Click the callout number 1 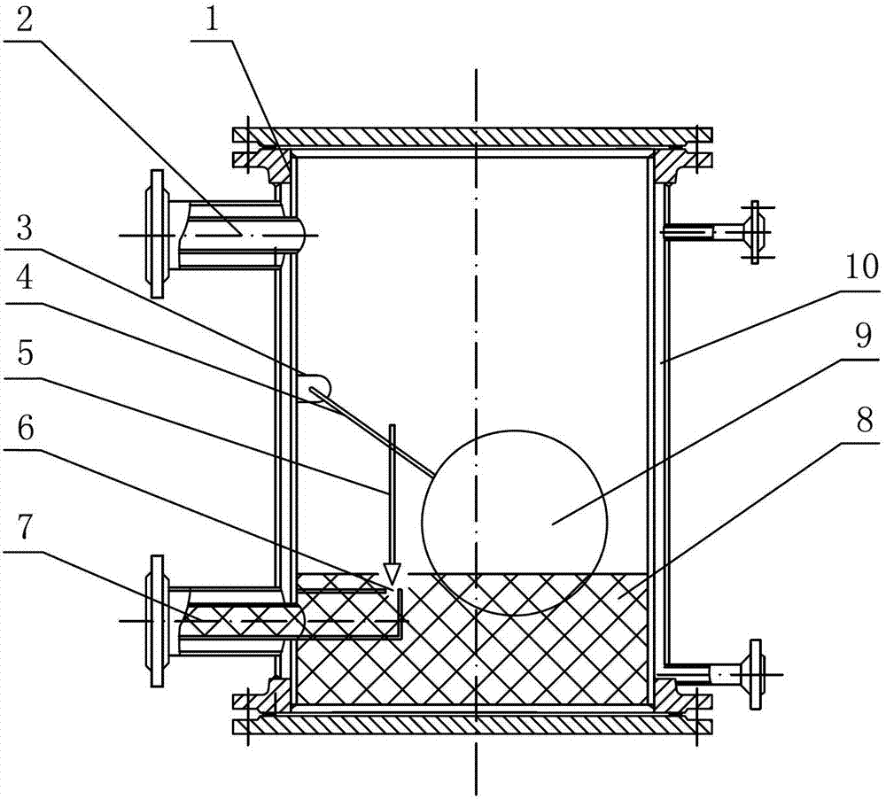coord(211,21)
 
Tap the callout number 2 coord(24,22)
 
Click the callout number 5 coord(24,354)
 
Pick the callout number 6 coord(25,429)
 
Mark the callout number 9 coord(862,337)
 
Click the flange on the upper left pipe coord(157,233)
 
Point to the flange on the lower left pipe coord(157,620)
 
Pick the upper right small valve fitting coord(754,231)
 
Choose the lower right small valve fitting coord(756,674)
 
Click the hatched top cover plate coord(472,136)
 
